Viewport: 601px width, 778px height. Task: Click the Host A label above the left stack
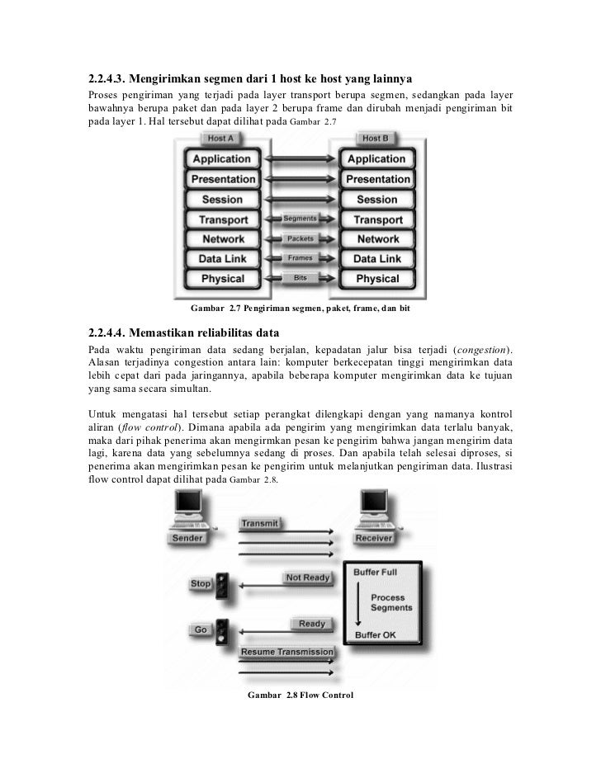click(220, 139)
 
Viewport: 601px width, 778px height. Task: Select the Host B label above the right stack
click(376, 139)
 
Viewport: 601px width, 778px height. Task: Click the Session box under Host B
click(377, 200)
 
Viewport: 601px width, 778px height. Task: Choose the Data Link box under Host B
click(377, 259)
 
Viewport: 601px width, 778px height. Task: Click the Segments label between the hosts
click(300, 219)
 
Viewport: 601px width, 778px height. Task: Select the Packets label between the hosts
click(300, 238)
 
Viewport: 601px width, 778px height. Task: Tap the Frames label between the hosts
click(300, 258)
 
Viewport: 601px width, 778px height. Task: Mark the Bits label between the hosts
click(300, 278)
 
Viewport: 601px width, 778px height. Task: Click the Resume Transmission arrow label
click(286, 653)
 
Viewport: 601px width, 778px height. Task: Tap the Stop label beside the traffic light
click(201, 583)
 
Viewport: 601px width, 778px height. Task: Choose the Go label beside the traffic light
click(201, 629)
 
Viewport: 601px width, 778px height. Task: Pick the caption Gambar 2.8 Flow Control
click(300, 695)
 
